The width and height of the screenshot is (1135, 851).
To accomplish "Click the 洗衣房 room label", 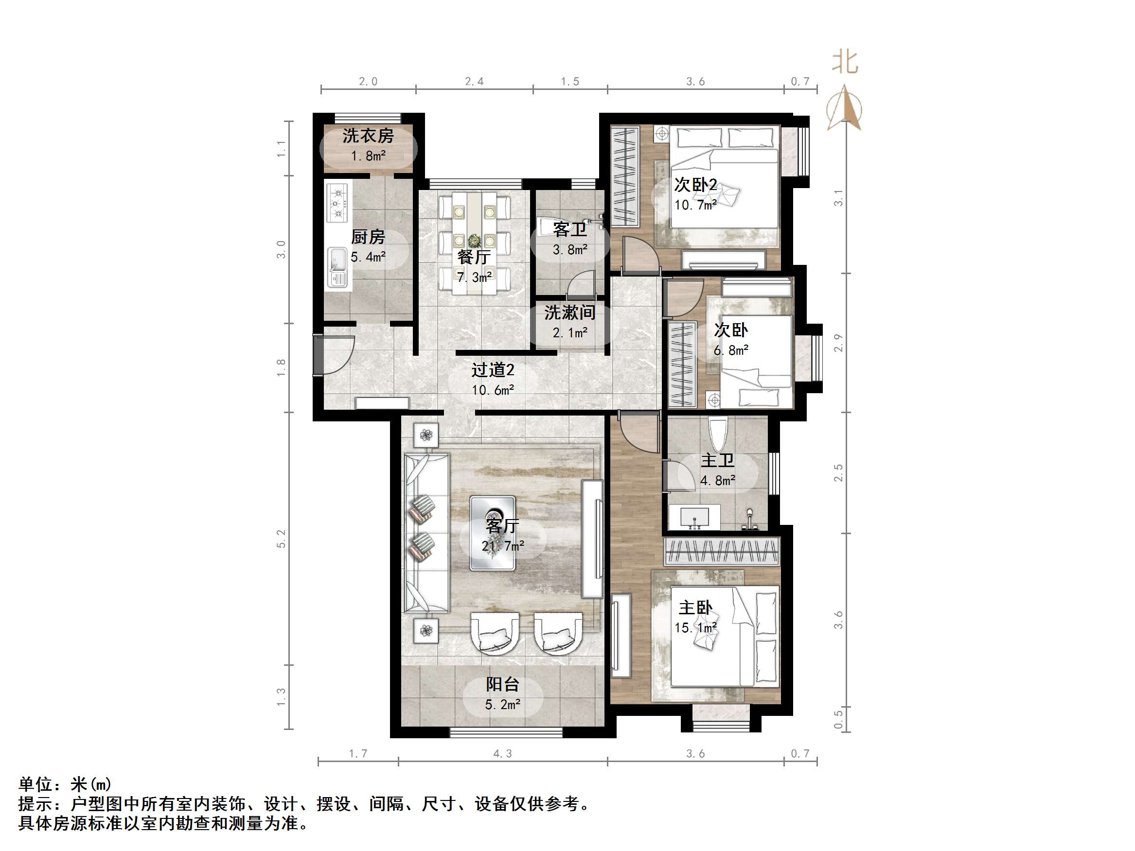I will [x=368, y=136].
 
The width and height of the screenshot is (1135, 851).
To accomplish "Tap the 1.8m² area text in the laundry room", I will [x=368, y=156].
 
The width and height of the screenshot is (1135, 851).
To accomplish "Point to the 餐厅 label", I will [x=474, y=257].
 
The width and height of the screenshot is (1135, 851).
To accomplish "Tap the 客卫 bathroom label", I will [x=569, y=229].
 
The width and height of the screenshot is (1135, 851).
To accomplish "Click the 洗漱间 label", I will [x=569, y=313].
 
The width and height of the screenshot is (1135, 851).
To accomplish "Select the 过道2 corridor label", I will [x=493, y=370].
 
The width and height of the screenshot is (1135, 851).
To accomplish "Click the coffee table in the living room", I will [x=493, y=533].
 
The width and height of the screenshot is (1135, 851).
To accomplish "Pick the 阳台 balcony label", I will [x=502, y=684].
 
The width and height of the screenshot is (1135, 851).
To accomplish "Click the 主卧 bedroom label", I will [x=695, y=608].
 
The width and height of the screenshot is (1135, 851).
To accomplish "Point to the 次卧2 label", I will [x=695, y=185].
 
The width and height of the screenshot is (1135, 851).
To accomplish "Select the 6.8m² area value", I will [x=731, y=351].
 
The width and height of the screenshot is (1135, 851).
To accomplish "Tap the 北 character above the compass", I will [x=845, y=63].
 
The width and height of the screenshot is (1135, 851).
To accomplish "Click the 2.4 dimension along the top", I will [x=474, y=82].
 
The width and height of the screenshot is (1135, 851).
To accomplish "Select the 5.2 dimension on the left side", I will [x=281, y=538].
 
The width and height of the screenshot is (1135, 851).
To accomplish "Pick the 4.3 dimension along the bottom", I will [x=502, y=753].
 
